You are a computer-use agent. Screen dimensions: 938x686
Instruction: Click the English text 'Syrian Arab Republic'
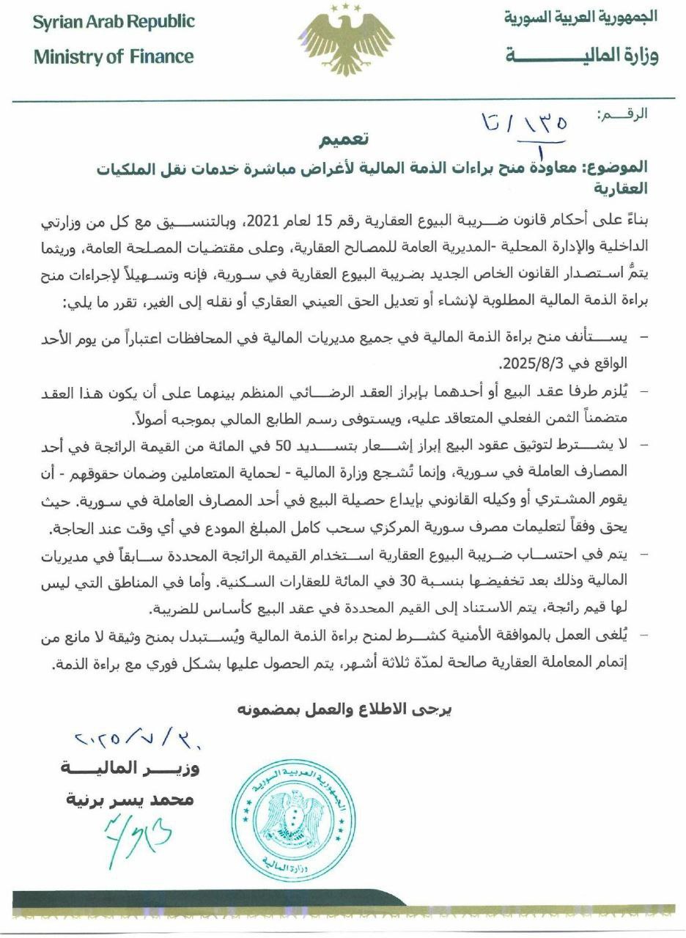click(x=114, y=22)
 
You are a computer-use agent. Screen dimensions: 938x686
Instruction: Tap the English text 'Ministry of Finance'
click(x=114, y=56)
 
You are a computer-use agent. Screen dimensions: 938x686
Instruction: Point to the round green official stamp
click(x=296, y=818)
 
